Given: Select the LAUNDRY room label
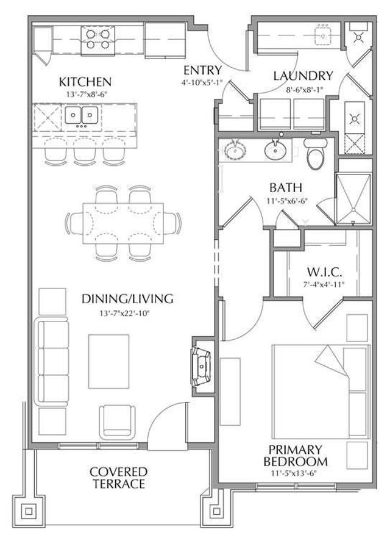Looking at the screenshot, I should (303, 76).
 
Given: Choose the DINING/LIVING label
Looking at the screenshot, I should (127, 299).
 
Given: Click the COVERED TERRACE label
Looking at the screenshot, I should (118, 478).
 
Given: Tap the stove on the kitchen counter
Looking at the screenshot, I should (98, 39).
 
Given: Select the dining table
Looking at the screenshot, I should (122, 220).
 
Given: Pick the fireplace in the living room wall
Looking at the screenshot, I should (200, 365).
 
